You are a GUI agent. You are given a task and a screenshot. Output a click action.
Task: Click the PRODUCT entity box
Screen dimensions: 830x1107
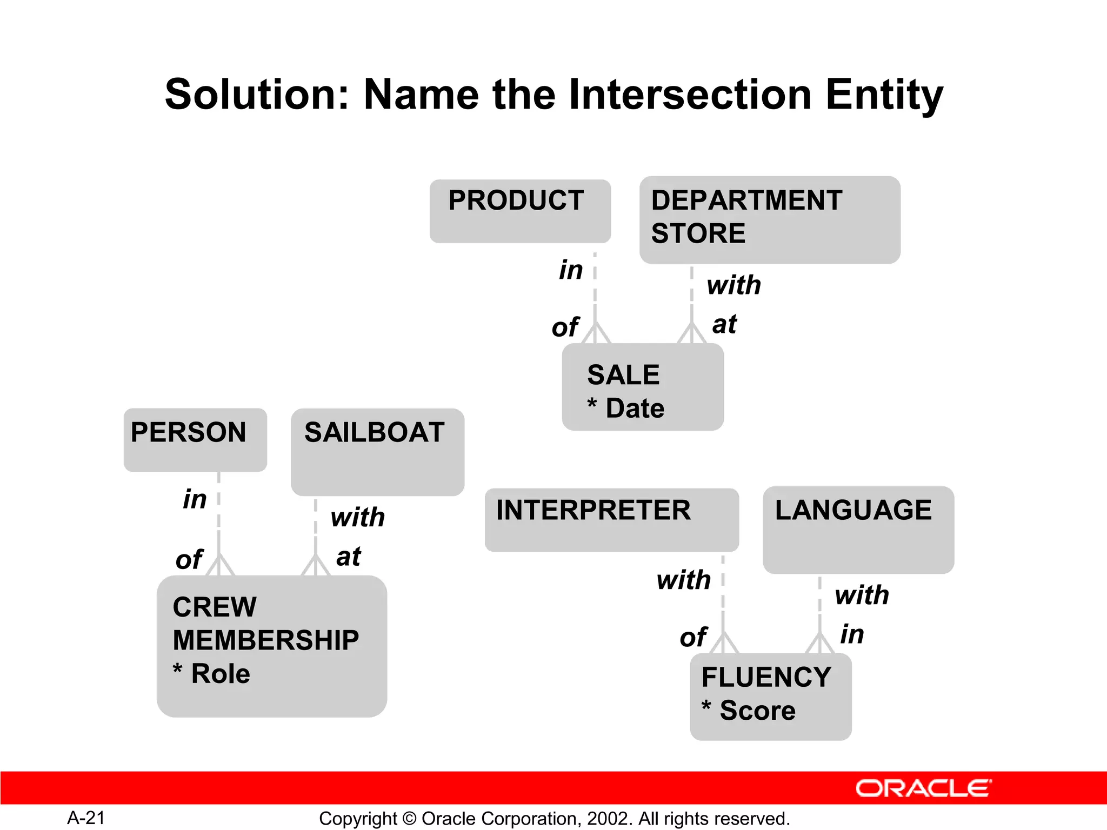click(x=520, y=211)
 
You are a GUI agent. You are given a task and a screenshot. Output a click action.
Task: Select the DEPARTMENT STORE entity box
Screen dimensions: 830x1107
click(x=769, y=220)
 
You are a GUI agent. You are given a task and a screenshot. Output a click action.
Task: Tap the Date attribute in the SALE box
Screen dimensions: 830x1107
click(x=635, y=409)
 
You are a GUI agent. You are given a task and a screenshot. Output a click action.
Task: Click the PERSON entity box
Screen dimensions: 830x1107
click(x=195, y=440)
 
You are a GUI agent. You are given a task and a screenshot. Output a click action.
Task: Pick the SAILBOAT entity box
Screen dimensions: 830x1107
click(x=377, y=452)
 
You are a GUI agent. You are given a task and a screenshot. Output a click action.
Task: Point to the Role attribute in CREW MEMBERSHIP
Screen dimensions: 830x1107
click(x=220, y=674)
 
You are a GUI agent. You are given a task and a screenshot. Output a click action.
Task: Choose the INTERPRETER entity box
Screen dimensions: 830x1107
click(x=611, y=520)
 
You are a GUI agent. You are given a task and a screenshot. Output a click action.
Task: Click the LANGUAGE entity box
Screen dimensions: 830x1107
click(x=858, y=530)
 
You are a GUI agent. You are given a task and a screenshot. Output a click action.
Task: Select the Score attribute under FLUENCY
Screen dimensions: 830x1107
click(x=757, y=711)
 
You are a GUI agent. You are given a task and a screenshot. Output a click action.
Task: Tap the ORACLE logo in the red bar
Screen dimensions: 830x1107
click(x=923, y=788)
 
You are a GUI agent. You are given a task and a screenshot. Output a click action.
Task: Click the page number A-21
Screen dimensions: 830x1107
click(x=86, y=818)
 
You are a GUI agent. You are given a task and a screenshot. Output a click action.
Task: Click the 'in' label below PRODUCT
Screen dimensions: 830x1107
click(x=571, y=270)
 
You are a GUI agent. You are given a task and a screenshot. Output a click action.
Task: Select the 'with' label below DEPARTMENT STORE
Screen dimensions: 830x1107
click(x=733, y=285)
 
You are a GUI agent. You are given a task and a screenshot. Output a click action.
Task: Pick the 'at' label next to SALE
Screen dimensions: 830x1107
click(x=724, y=324)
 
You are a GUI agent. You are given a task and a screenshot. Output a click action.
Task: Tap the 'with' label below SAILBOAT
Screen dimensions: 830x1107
click(x=357, y=517)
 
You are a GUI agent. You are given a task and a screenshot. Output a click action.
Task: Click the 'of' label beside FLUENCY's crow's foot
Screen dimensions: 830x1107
click(x=692, y=637)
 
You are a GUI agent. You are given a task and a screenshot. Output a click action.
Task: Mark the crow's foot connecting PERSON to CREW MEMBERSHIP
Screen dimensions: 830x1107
click(x=219, y=565)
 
